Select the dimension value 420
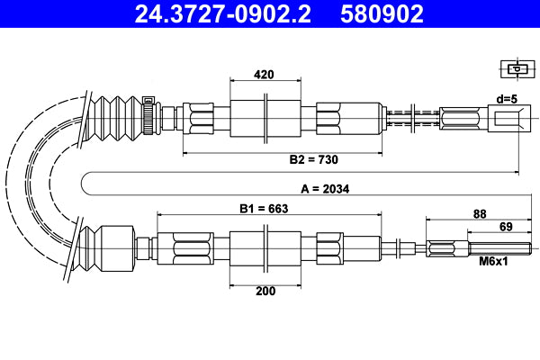coord(264,74)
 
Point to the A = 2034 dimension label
coord(324,189)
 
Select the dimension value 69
coord(506,227)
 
